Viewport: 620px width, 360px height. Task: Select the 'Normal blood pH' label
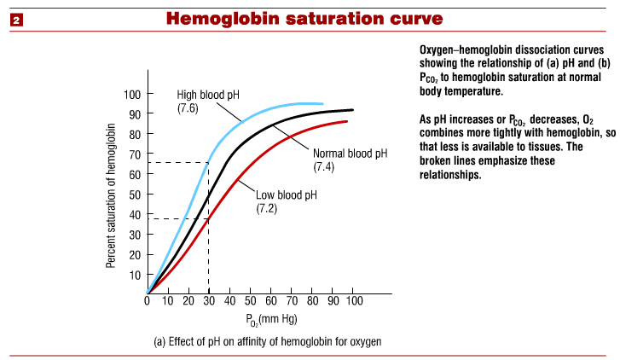coord(350,154)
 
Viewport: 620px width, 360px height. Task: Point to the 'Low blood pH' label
coord(287,195)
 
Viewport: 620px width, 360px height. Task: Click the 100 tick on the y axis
coord(134,93)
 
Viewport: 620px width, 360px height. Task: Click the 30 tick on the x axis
coord(210,300)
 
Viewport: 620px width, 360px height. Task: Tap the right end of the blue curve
coord(323,103)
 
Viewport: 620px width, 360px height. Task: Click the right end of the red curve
coord(346,121)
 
